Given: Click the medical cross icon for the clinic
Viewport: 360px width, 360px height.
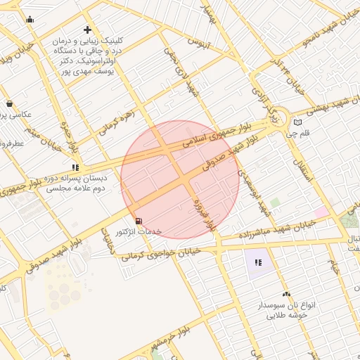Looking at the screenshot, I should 87,30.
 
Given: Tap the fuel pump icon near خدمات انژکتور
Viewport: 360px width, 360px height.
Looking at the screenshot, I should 137,221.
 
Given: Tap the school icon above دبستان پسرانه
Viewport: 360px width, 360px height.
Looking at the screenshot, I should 74,167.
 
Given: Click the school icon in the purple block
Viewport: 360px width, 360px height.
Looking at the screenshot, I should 257,263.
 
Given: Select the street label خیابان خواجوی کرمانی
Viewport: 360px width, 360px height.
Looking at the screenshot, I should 162,254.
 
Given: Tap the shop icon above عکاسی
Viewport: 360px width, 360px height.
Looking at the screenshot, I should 8,103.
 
